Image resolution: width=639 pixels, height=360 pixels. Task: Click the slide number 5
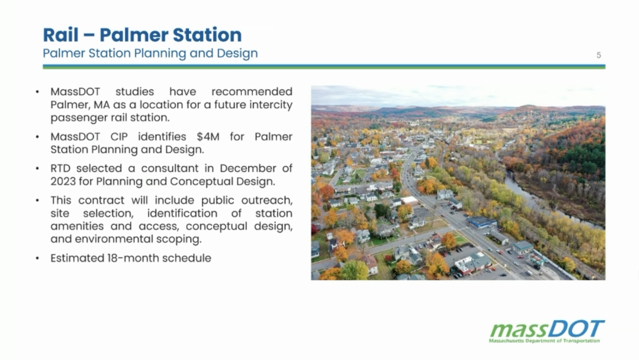tap(599, 55)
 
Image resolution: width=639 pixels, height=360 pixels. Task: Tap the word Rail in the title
tap(61, 35)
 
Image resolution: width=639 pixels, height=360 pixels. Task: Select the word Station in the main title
tap(207, 35)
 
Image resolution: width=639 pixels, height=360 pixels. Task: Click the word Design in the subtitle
tap(237, 54)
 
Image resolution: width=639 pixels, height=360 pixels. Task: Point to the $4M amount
tap(208, 137)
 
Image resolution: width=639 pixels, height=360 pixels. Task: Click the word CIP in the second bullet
tap(119, 137)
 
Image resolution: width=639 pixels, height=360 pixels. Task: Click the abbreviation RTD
tap(60, 168)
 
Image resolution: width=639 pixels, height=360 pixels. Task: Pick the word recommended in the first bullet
tap(252, 92)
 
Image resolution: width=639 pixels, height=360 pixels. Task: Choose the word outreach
tap(267, 200)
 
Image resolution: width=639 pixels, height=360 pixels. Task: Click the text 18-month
tap(133, 258)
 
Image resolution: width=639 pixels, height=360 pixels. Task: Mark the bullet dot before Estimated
tap(37, 259)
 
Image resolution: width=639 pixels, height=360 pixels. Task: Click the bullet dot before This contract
tap(37, 201)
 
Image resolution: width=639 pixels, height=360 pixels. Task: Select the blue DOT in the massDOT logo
tap(576, 329)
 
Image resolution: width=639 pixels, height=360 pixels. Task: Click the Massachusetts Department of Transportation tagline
tap(544, 341)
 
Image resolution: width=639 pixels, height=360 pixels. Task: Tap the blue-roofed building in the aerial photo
tap(481, 222)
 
